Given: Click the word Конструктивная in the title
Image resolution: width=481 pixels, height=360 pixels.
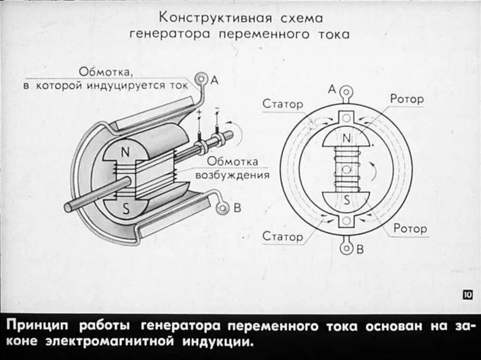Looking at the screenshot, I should tap(216, 18).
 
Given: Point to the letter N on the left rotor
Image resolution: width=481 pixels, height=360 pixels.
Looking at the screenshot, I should tap(125, 152).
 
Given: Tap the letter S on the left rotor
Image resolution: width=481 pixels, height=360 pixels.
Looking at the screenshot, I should tap(126, 210).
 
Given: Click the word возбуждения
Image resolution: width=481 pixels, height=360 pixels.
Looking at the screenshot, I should tap(232, 176).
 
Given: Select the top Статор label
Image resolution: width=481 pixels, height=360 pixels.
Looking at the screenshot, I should tap(283, 104).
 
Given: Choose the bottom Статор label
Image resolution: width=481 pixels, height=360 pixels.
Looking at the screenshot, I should tap(283, 236).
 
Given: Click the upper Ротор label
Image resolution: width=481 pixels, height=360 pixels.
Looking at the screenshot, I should tap(406, 99).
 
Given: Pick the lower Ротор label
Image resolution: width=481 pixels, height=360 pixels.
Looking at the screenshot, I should tap(410, 229).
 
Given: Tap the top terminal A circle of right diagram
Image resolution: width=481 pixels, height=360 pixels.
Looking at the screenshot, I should tap(347, 91).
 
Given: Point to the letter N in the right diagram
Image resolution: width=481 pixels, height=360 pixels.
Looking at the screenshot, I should tap(347, 138).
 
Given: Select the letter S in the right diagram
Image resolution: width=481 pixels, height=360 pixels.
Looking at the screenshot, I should tap(347, 200).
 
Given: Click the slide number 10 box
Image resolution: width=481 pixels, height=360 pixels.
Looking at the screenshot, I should tap(467, 295).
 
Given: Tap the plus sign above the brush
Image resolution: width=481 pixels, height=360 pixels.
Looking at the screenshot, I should tap(199, 113).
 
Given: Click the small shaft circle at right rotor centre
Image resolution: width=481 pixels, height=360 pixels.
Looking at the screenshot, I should tap(347, 169).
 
